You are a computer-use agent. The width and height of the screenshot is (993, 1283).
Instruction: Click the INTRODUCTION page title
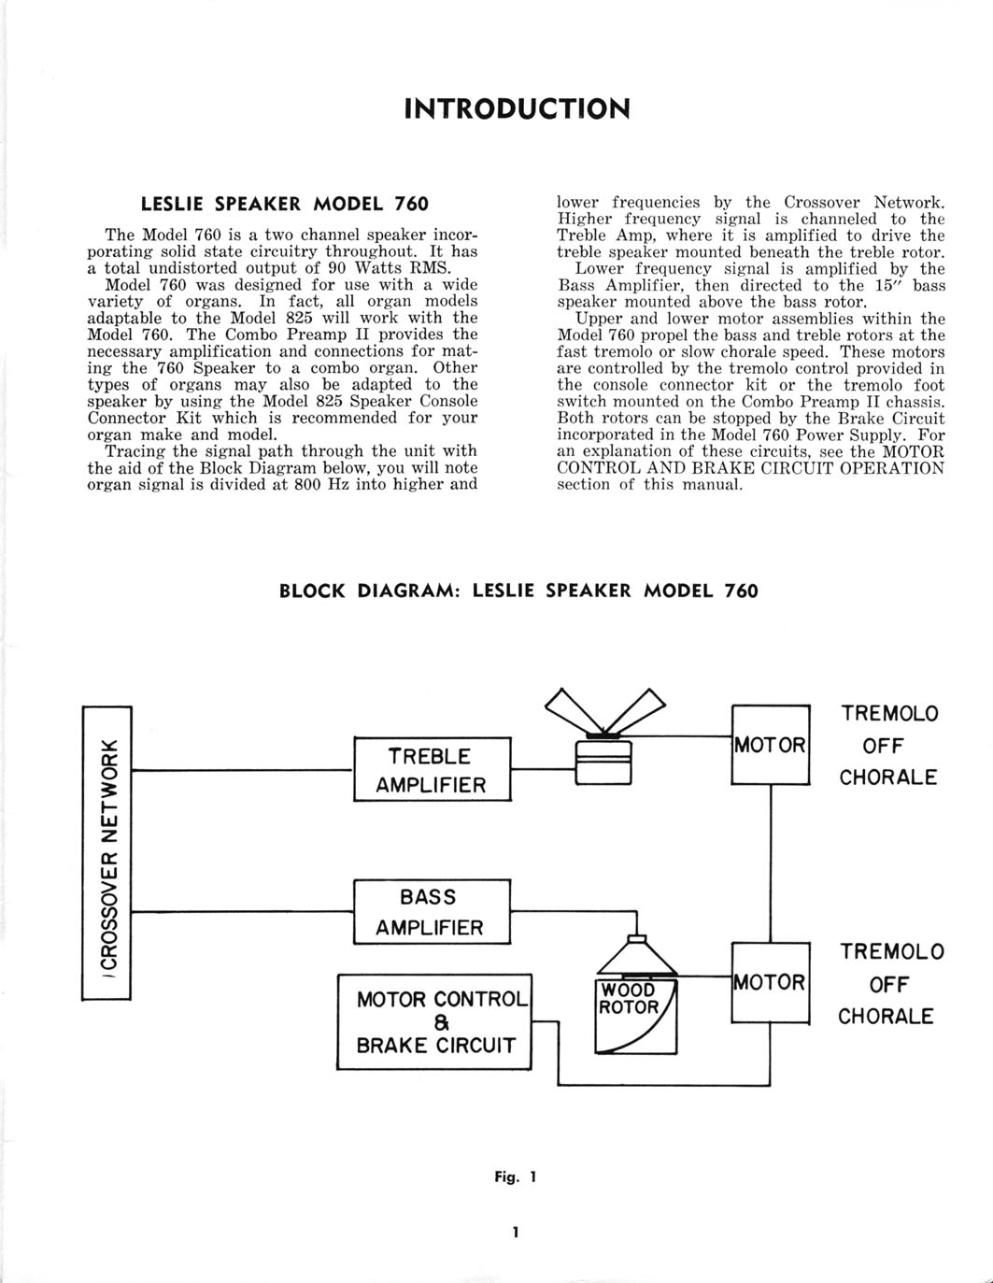[517, 108]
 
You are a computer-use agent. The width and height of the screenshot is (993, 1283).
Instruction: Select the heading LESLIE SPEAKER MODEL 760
[284, 203]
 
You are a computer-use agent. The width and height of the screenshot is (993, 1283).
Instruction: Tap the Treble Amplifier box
[432, 770]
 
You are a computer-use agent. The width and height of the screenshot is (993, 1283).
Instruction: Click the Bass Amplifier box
[432, 912]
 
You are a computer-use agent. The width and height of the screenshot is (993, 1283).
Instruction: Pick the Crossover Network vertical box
[107, 854]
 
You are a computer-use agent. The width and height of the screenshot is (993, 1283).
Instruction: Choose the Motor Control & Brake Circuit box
[434, 1022]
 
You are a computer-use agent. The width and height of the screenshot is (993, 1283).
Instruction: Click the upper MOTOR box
[770, 745]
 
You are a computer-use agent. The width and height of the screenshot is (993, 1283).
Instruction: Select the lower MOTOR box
[770, 982]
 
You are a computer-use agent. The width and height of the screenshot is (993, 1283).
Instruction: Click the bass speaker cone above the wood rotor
[636, 957]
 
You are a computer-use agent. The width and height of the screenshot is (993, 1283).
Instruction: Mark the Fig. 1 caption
[516, 1177]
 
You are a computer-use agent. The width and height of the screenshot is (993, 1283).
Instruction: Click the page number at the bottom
[515, 1232]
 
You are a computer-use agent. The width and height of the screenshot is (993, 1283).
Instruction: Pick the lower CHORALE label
[886, 1016]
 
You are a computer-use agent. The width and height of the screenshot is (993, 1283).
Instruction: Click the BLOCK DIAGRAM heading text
[518, 591]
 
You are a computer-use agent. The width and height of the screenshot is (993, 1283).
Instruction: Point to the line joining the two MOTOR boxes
[771, 864]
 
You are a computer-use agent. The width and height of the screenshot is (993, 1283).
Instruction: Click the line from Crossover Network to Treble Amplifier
[242, 770]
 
